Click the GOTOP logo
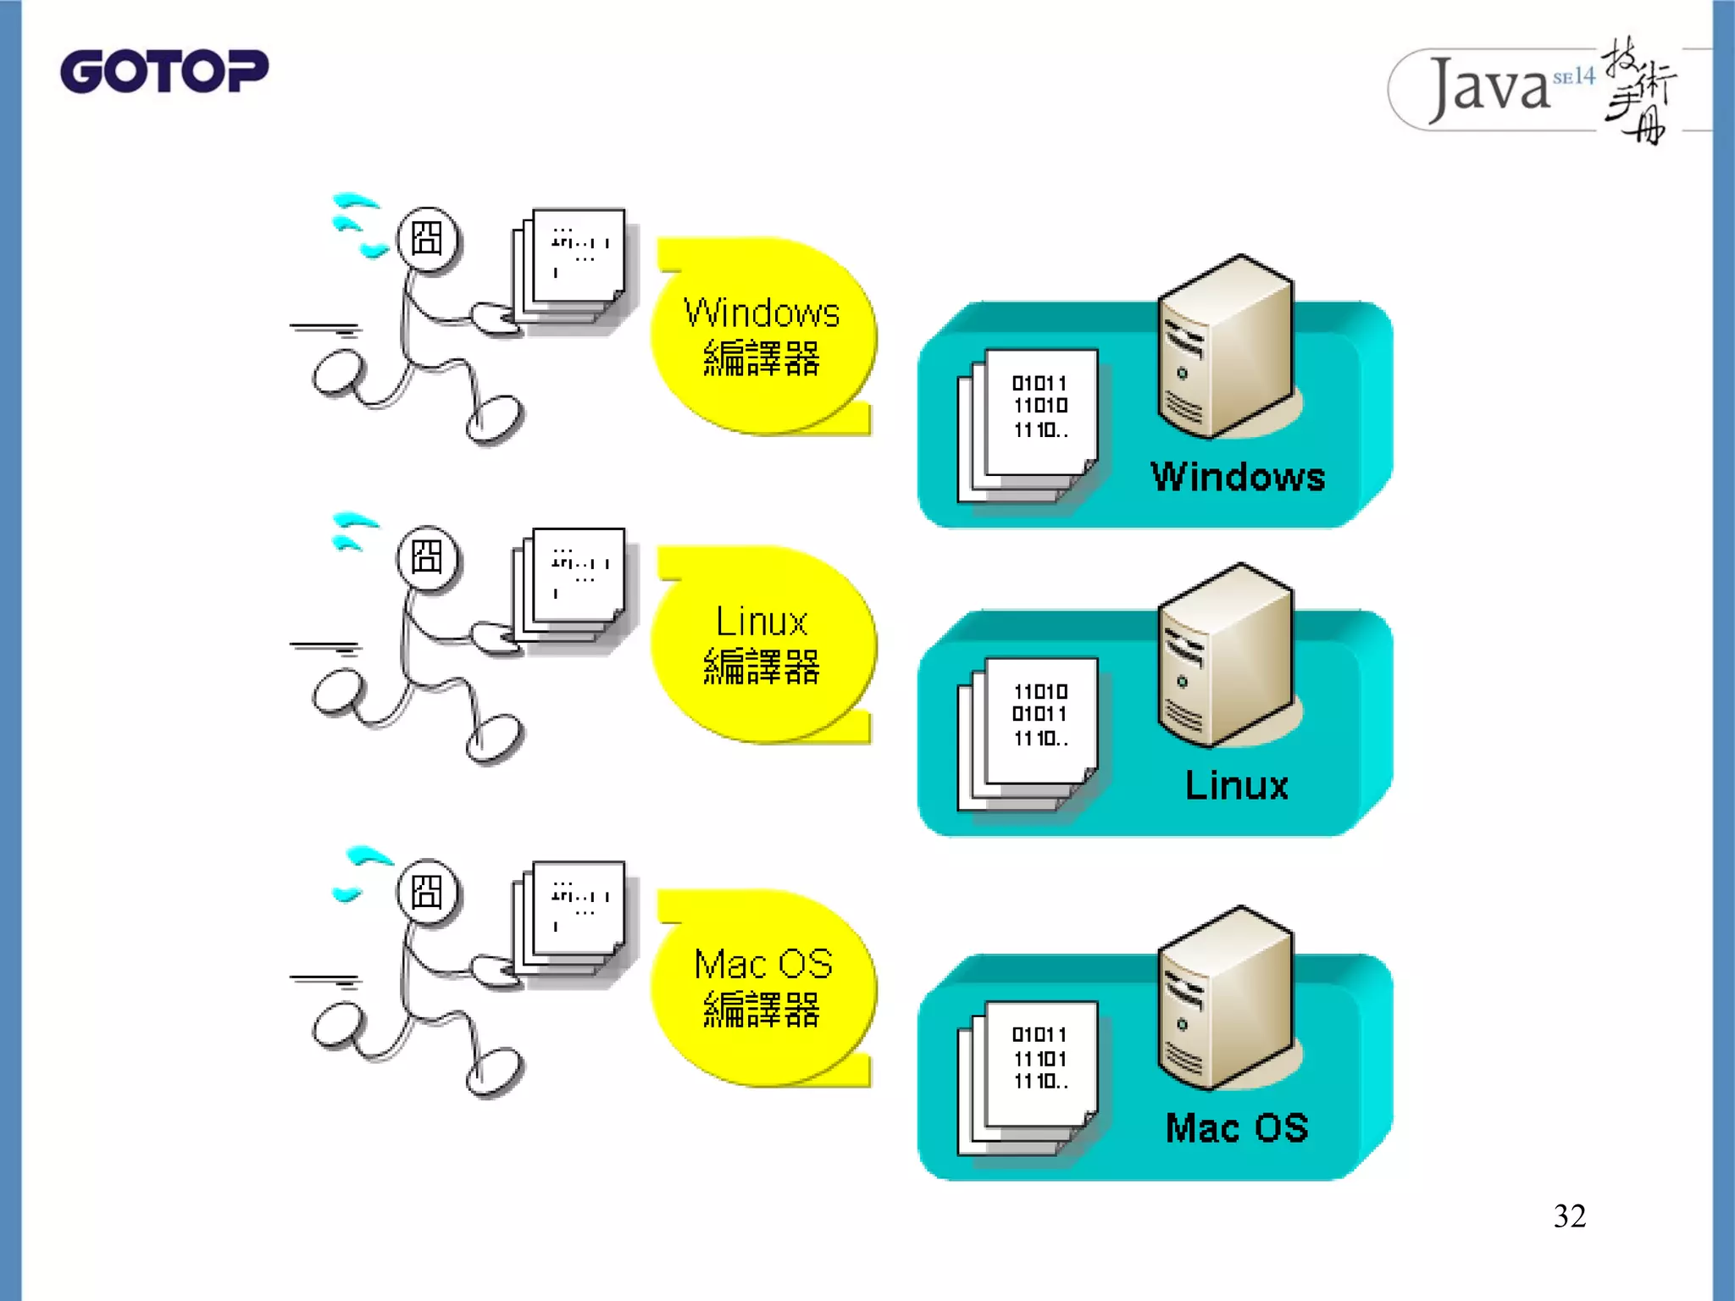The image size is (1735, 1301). pyautogui.click(x=164, y=71)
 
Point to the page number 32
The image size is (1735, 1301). pyautogui.click(x=1569, y=1216)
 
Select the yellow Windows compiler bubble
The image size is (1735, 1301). pyautogui.click(x=762, y=337)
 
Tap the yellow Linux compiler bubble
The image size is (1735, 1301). pyautogui.click(x=762, y=645)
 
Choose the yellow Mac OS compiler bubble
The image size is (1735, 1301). pyautogui.click(x=762, y=988)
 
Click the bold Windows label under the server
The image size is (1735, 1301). pyautogui.click(x=1237, y=477)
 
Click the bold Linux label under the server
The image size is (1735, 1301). pyautogui.click(x=1237, y=785)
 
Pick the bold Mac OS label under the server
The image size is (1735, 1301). pyautogui.click(x=1237, y=1128)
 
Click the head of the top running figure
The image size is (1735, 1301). pyautogui.click(x=428, y=239)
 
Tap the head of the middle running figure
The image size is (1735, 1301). pyautogui.click(x=428, y=557)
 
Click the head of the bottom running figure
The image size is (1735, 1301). pyautogui.click(x=428, y=891)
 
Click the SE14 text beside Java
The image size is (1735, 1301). pyautogui.click(x=1573, y=77)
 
